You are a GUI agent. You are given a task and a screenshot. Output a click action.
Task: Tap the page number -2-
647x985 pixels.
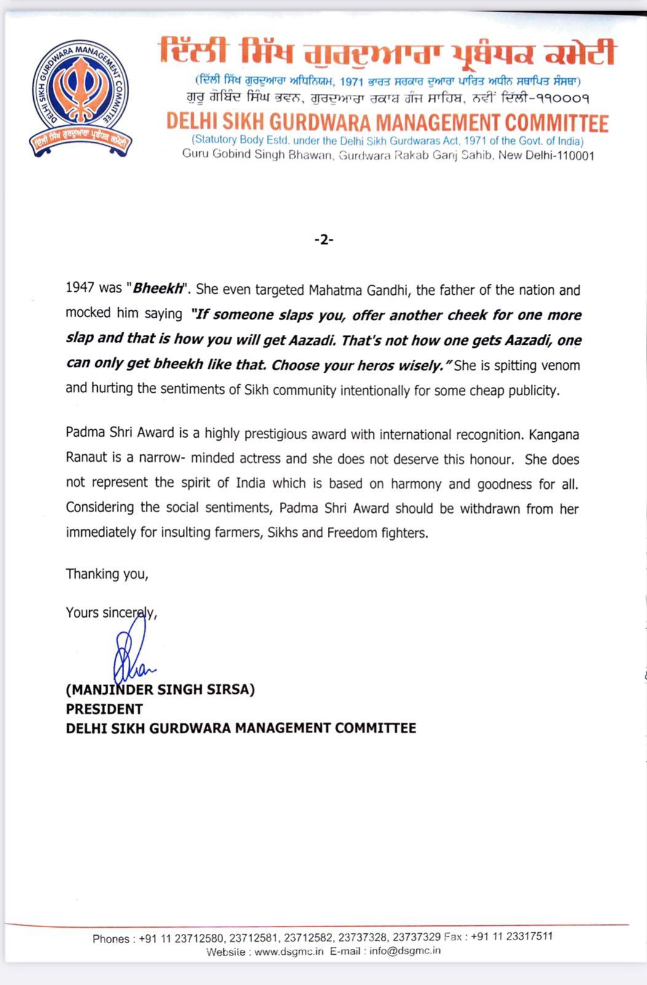(x=323, y=240)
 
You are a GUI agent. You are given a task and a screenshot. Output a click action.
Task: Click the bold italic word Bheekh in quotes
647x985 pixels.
(x=154, y=289)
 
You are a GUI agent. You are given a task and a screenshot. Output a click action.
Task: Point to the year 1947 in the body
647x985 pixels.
(x=80, y=289)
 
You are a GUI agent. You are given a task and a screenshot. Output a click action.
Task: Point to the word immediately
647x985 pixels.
(x=101, y=533)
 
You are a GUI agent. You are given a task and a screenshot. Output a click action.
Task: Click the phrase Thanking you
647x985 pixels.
(x=107, y=574)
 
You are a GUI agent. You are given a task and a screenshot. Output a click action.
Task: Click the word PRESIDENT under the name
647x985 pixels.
(x=105, y=709)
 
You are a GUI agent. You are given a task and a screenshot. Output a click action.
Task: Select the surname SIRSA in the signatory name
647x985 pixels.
(x=230, y=689)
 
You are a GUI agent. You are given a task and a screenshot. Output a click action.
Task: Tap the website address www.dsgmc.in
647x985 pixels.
(x=289, y=951)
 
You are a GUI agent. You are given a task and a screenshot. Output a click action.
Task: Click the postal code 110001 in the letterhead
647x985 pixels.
(x=574, y=156)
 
